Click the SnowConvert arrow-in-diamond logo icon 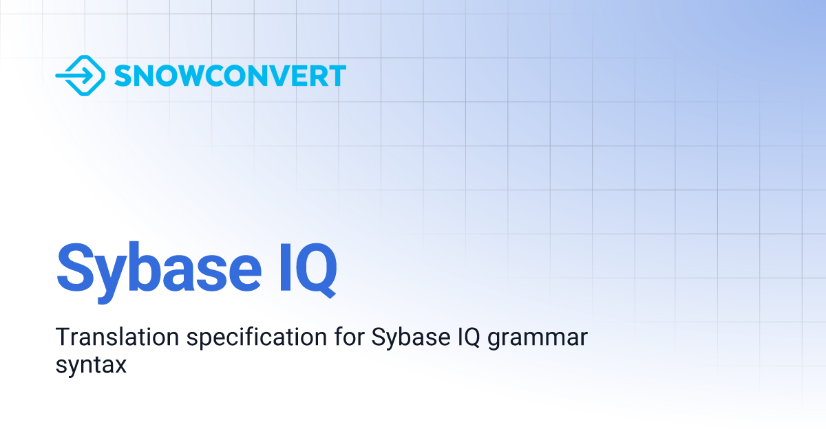[80, 76]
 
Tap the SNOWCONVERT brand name [230, 76]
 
